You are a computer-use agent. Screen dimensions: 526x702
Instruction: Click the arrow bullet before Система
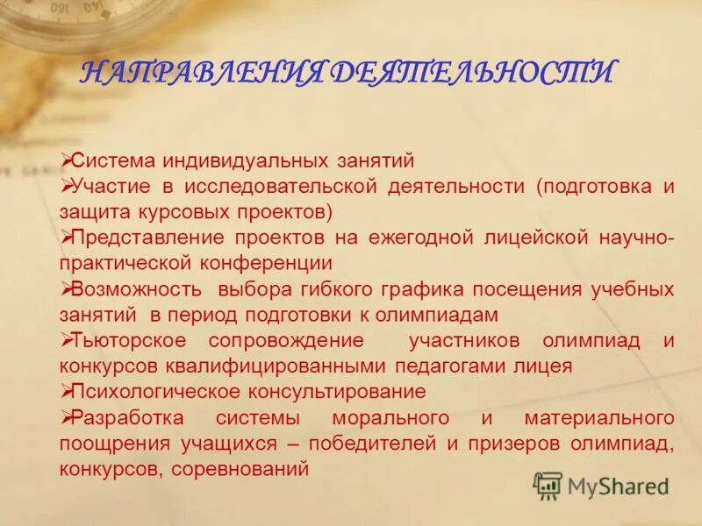point(65,160)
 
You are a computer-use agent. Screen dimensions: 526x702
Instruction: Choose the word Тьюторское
point(129,340)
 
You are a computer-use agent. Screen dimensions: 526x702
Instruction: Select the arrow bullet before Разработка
point(65,416)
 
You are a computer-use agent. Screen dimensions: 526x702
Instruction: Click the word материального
point(599,417)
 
